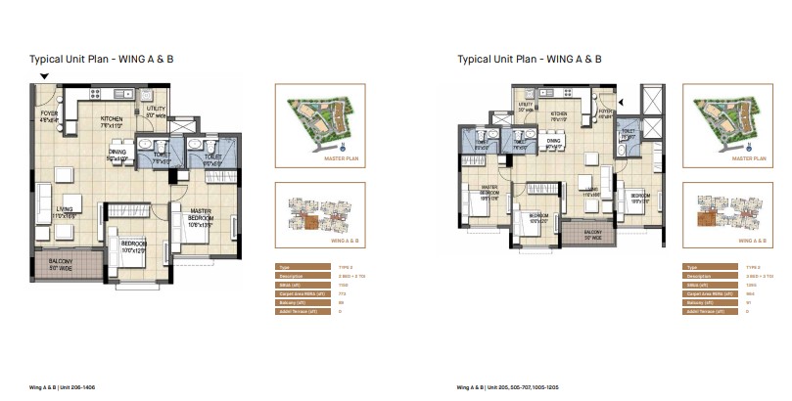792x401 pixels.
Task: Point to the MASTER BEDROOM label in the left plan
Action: [x=201, y=214]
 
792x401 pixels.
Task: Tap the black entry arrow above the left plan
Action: [x=42, y=77]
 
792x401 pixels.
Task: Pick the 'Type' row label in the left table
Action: [x=284, y=266]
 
